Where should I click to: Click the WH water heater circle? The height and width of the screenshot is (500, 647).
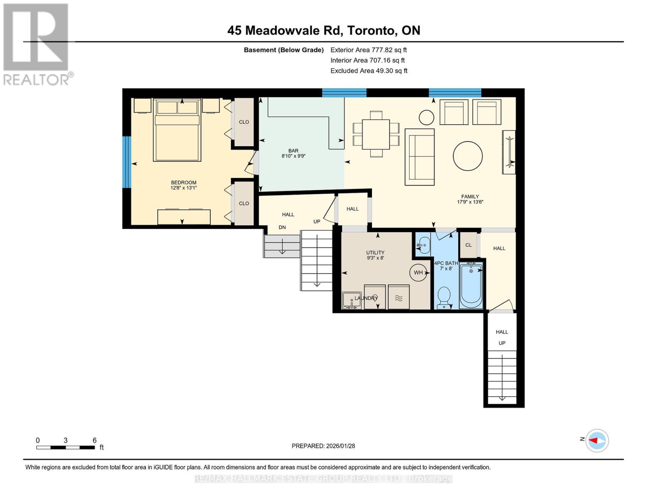point(418,272)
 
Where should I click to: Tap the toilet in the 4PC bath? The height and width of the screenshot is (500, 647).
point(444,297)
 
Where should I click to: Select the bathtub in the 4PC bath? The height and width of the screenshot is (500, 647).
point(471,286)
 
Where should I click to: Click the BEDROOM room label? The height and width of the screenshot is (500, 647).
point(183,185)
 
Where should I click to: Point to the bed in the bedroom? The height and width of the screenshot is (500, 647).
point(177,130)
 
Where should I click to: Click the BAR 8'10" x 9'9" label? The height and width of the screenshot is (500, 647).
point(293,153)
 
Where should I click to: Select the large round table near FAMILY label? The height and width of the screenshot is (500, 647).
point(468,156)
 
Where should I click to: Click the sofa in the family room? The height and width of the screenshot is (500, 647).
point(420,157)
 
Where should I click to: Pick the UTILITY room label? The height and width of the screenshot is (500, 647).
point(375,255)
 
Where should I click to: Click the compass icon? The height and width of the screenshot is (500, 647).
point(597,440)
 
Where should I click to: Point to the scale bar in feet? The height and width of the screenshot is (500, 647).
point(65,447)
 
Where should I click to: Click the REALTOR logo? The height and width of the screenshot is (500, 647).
point(36,44)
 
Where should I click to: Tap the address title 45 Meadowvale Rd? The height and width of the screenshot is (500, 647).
point(323,30)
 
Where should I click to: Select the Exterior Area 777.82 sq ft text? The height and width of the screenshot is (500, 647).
point(368,50)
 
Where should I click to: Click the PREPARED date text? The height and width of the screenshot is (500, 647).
point(323,446)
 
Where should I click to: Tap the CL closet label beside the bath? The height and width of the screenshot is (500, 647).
point(468,245)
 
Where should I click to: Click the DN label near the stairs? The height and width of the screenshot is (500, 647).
point(282,227)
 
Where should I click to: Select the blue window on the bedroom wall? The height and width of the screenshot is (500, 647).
point(127,162)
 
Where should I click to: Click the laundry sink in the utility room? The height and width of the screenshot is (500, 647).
point(351,300)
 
